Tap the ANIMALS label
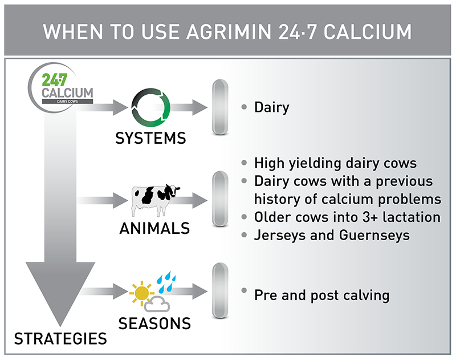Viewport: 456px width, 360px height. click(x=154, y=229)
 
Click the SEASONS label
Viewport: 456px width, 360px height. click(x=154, y=323)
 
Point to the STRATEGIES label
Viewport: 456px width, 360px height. click(x=60, y=338)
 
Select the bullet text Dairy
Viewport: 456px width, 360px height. click(x=272, y=107)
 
